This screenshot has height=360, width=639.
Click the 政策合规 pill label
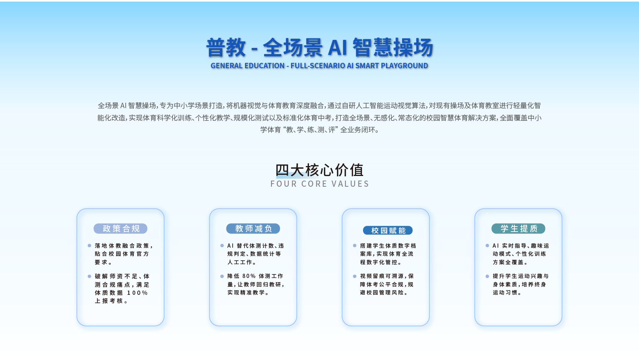pyautogui.click(x=120, y=228)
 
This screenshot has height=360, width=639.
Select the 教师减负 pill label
pyautogui.click(x=253, y=228)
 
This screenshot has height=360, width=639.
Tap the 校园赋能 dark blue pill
pyautogui.click(x=388, y=230)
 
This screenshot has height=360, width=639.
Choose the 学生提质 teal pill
pyautogui.click(x=518, y=228)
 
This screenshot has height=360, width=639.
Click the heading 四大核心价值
pyautogui.click(x=320, y=170)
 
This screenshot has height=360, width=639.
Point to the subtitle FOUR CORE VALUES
pyautogui.click(x=320, y=184)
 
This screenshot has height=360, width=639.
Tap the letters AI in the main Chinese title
pyautogui.click(x=337, y=48)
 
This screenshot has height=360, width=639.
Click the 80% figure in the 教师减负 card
pyautogui.click(x=249, y=276)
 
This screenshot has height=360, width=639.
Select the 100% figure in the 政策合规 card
pyautogui.click(x=137, y=293)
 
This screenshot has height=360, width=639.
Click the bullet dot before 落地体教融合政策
pyautogui.click(x=89, y=246)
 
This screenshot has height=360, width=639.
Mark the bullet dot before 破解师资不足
pyautogui.click(x=89, y=276)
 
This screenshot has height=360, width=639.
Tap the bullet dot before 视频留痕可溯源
pyautogui.click(x=355, y=276)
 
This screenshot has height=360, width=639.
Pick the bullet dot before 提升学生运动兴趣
pyautogui.click(x=487, y=276)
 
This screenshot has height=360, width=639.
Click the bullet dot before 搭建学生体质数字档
pyautogui.click(x=355, y=246)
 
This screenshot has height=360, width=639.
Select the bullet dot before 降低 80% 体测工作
pyautogui.click(x=222, y=276)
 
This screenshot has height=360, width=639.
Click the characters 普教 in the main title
pyautogui.click(x=226, y=48)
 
